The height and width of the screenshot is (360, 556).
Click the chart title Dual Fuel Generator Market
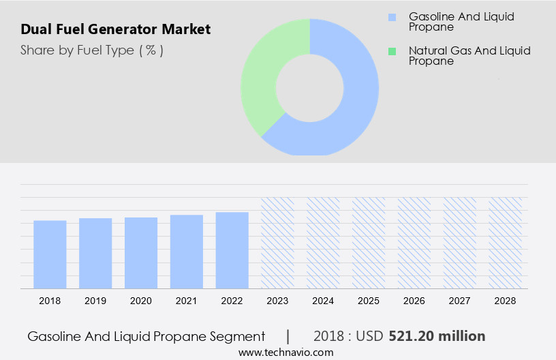116,29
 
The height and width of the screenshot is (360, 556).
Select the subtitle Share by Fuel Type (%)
92,50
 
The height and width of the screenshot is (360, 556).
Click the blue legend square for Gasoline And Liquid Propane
392,16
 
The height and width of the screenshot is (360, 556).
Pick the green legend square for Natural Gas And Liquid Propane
392,51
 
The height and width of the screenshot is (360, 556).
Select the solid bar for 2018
50,254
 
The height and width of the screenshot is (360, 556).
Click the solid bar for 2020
141,253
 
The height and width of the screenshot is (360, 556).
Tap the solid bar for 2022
232,250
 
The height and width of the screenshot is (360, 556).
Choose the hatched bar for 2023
278,243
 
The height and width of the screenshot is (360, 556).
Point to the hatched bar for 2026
414,243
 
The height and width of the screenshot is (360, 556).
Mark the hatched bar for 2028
506,243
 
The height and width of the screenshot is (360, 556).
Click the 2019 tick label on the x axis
95,301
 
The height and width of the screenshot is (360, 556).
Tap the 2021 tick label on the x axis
187,301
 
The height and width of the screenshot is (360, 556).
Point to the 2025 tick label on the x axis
369,301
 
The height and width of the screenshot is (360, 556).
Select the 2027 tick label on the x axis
460,301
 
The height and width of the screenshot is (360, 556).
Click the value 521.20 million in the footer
437,336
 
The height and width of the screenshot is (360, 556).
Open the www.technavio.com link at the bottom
285,352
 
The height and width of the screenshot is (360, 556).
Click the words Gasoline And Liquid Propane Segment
146,336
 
